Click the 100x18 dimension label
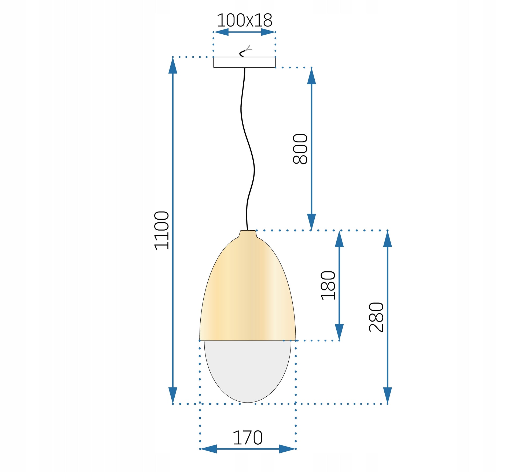point(244,20)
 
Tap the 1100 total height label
point(162,231)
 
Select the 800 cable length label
point(300,149)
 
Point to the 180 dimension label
point(328,286)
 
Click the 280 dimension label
point(376,317)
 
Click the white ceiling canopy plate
point(244,62)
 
